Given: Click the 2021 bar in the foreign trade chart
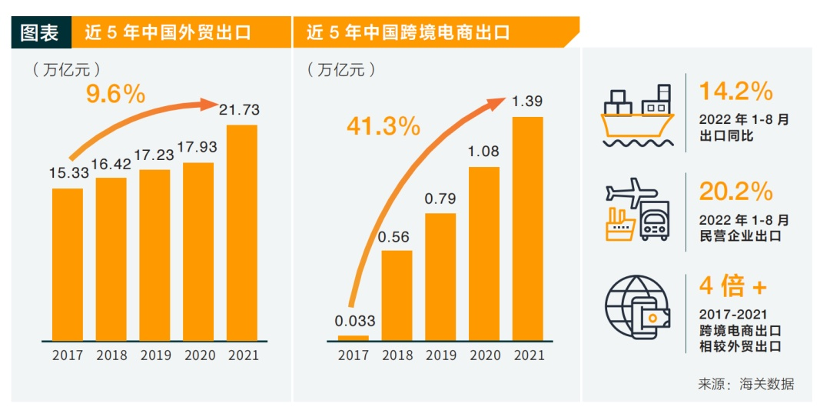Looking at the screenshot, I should click(x=242, y=232).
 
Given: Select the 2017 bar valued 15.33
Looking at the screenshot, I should click(x=68, y=264).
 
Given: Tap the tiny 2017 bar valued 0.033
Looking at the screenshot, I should click(x=353, y=337).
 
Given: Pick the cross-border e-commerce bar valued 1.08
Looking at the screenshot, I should click(x=483, y=253).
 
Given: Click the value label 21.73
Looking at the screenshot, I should click(x=239, y=110).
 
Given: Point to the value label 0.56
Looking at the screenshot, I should click(x=397, y=237).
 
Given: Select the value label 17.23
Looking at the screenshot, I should click(x=154, y=155).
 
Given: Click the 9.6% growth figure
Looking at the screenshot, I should click(x=115, y=95).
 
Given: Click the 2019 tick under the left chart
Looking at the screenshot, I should click(x=155, y=355).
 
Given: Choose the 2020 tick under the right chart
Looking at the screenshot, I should click(x=484, y=355).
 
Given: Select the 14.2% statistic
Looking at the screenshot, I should click(x=735, y=92).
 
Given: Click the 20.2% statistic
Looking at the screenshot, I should click(x=735, y=190).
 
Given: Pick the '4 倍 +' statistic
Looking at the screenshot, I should click(x=732, y=286).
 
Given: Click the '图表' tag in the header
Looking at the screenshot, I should click(x=39, y=32).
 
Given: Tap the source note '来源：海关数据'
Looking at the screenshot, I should click(x=745, y=384).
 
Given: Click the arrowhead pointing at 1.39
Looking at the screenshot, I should click(x=499, y=102).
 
